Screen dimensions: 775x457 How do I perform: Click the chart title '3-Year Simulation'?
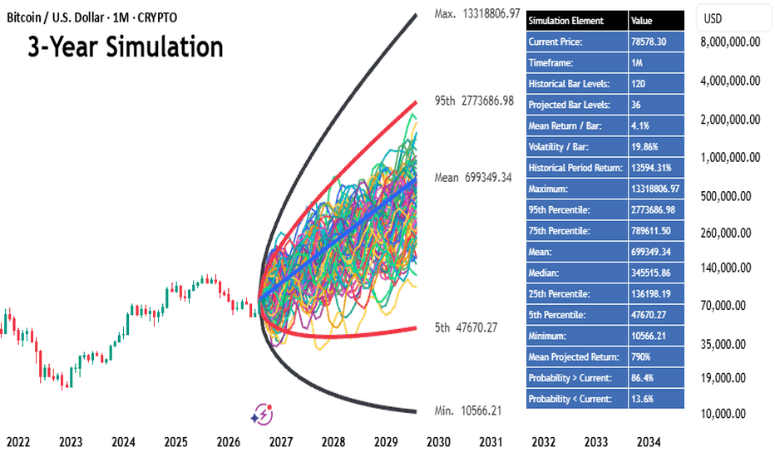point(125,47)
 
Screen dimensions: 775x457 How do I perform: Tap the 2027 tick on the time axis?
point(281,442)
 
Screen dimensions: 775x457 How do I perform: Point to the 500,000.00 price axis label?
point(726,196)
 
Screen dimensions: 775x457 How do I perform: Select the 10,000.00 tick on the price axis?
point(723,414)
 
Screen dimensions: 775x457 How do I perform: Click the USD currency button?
point(713,19)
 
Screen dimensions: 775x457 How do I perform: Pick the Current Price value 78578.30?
point(649,42)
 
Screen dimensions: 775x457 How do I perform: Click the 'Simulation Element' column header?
point(566,21)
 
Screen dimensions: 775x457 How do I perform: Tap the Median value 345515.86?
point(651,273)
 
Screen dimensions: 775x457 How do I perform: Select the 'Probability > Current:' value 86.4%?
point(642,378)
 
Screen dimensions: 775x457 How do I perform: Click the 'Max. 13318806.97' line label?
point(477,14)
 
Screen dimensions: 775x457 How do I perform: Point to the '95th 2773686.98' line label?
point(474,101)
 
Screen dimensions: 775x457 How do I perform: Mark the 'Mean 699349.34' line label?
point(473,177)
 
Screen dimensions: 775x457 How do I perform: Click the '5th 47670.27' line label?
point(466,327)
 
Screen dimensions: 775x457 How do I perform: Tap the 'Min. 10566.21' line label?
point(467,410)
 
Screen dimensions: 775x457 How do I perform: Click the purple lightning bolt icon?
point(263,414)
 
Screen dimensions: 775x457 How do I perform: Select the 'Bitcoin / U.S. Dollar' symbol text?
point(56,17)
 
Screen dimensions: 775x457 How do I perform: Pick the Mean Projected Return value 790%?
point(640,356)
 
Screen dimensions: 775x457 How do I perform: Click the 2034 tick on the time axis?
point(649,442)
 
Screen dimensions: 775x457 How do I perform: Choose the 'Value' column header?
point(642,21)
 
